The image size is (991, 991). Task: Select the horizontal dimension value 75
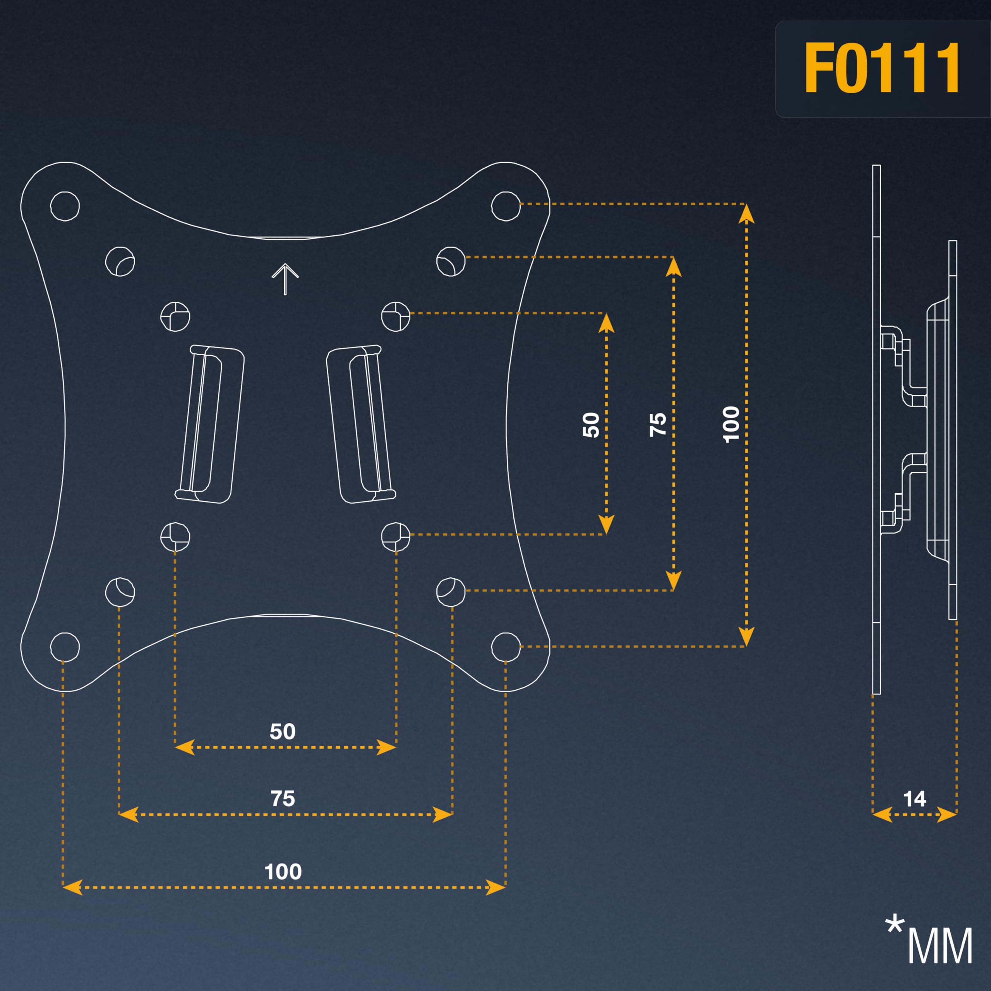point(283,799)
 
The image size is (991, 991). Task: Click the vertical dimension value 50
point(591,425)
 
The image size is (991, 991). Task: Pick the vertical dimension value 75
point(658,425)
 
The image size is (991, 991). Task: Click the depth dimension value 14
point(915,799)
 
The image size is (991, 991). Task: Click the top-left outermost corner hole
point(65,206)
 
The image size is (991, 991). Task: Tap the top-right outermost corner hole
point(506,206)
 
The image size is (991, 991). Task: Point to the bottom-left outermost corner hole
point(65,647)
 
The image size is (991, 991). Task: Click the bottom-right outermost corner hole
point(506,647)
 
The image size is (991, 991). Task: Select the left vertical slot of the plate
point(209,423)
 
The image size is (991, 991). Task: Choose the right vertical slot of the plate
point(361,423)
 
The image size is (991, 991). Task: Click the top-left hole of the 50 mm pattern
point(175,317)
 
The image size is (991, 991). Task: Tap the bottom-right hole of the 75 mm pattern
point(451,592)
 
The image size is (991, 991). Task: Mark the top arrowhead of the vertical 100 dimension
point(746,213)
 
